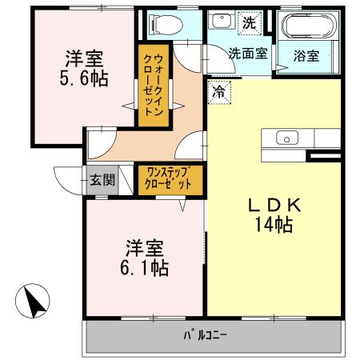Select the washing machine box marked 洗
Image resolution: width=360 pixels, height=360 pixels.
pyautogui.click(x=250, y=22)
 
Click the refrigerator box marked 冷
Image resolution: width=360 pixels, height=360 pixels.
pyautogui.click(x=218, y=91)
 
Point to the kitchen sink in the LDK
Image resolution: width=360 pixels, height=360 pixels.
pyautogui.click(x=286, y=138)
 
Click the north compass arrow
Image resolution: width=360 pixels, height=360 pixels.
pyautogui.click(x=33, y=302)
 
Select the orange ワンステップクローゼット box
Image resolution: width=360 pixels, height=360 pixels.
pyautogui.click(x=168, y=178)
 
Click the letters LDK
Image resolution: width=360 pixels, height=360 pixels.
pyautogui.click(x=274, y=205)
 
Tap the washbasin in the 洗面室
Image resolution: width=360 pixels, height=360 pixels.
pyautogui.click(x=222, y=22)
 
